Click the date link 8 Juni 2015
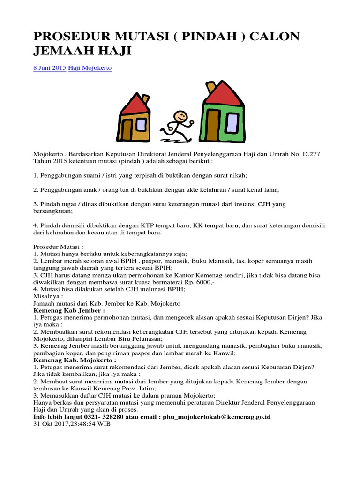coord(50,68)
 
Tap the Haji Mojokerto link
coord(90,68)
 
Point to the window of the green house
coord(232,121)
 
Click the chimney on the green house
coord(211,87)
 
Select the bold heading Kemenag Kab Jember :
coord(69,310)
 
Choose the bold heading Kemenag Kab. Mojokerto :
coord(75,360)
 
